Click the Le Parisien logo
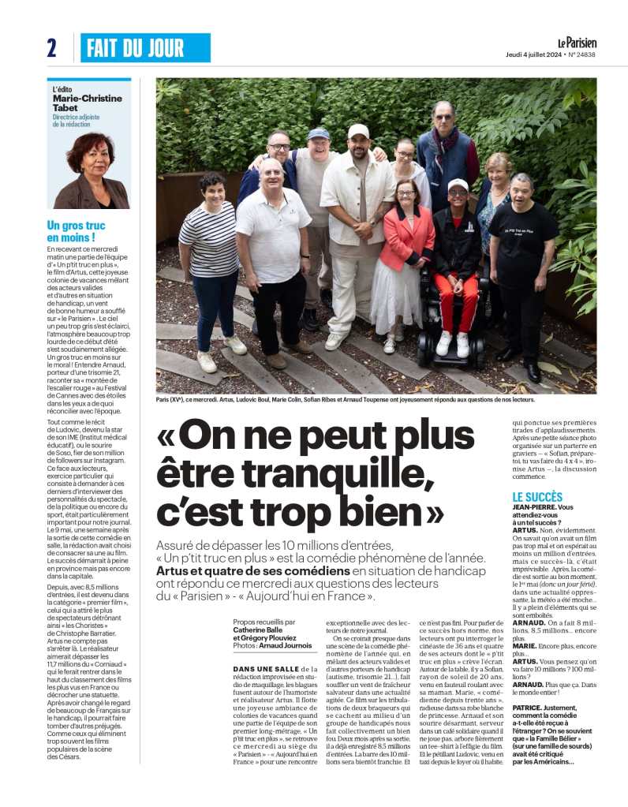578,43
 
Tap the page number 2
51,48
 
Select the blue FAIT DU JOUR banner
145,48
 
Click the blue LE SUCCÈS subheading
537,497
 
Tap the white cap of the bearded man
358,131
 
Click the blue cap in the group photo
319,133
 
